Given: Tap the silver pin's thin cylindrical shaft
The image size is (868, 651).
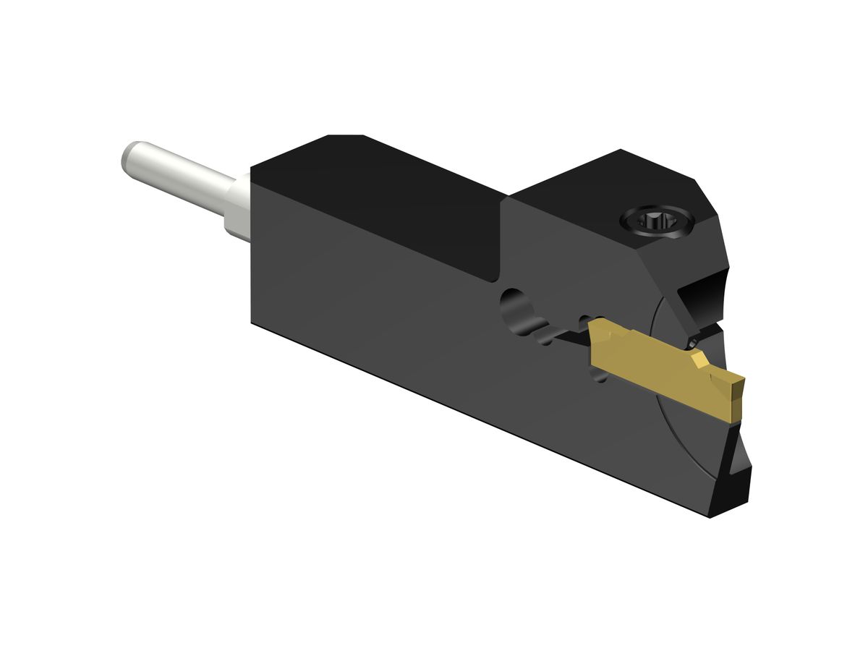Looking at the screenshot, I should [x=181, y=175].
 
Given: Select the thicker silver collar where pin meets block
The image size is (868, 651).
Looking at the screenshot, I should [x=237, y=210].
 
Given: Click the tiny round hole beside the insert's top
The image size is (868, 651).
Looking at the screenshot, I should [x=693, y=339].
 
